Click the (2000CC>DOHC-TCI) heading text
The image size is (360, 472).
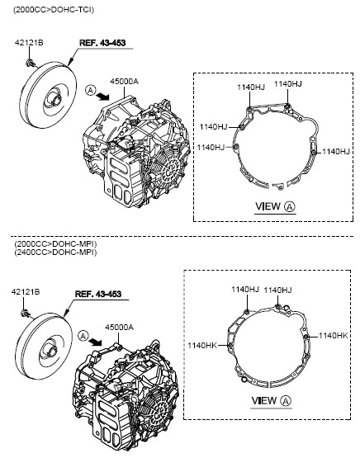pos(54,10)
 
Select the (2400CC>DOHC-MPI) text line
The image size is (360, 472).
pos(55,253)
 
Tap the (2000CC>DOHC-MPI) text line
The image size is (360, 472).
pos(55,243)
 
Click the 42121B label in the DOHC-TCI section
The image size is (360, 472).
pos(29,43)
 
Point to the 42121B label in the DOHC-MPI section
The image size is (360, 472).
pos(26,291)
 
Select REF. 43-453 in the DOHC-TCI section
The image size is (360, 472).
pos(102,43)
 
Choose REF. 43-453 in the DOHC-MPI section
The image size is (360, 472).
pos(98,294)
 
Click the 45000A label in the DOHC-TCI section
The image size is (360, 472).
pos(124,81)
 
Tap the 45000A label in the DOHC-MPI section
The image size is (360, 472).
pos(119,328)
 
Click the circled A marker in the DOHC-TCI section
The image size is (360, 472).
pos(90,90)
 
